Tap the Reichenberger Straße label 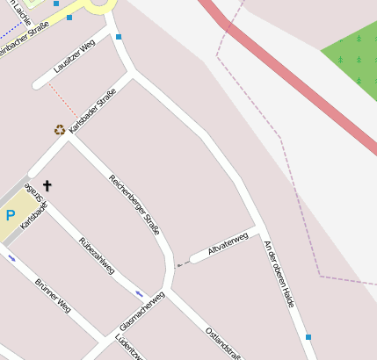[x=134, y=205]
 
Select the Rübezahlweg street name [x=97, y=256]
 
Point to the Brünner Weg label [x=53, y=296]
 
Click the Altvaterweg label [x=228, y=244]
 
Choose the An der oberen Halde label [x=279, y=273]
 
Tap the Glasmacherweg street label [x=141, y=312]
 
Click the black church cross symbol [x=47, y=186]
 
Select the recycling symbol [x=59, y=130]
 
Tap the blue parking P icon [x=11, y=215]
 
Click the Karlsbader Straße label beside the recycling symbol [x=93, y=117]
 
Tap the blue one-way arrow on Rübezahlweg [x=139, y=292]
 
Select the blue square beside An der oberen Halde [x=308, y=337]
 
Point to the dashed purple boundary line [x=264, y=114]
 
